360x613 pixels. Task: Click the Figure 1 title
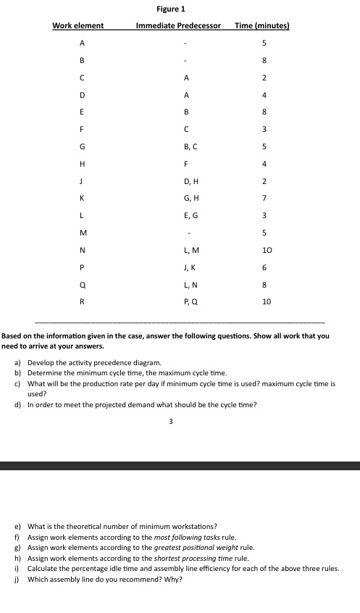point(171,9)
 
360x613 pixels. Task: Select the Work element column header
point(78,26)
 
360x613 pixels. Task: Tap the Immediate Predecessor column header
point(178,26)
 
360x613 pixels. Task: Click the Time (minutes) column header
point(262,26)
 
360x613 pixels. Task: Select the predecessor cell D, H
point(186,180)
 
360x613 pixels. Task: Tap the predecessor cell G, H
point(186,198)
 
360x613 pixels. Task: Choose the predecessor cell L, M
point(186,251)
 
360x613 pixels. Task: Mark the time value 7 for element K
point(265,198)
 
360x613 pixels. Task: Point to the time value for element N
point(265,251)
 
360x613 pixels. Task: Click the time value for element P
point(265,268)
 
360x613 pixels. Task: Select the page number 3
point(171,420)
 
